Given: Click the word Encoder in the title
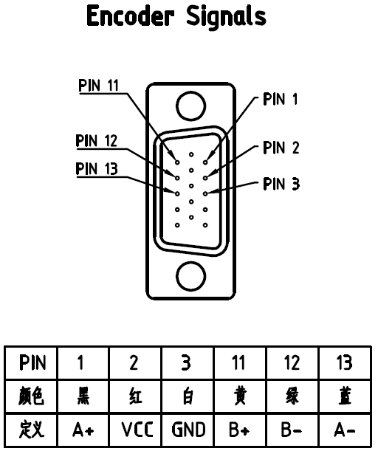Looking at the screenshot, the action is [131, 16].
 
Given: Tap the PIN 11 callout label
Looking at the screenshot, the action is [99, 86].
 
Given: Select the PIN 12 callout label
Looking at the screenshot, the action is [97, 141].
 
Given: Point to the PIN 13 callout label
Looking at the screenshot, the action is [97, 168].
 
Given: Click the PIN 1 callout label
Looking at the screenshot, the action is [281, 99].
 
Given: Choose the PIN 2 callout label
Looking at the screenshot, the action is [281, 148].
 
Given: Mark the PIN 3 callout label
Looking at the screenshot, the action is [281, 184].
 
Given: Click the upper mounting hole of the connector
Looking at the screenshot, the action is [190, 106].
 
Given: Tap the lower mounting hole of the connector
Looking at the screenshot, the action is [190, 276].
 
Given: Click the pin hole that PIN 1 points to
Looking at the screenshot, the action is [205, 162].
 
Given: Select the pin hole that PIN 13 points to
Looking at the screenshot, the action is [177, 194].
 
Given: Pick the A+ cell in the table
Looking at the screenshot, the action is [83, 430].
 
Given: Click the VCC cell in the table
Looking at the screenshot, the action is [136, 430].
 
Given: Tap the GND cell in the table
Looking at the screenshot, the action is [188, 430].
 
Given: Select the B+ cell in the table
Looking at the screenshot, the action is [240, 430].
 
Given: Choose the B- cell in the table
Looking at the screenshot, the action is [292, 430].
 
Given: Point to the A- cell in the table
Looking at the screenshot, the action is [345, 430].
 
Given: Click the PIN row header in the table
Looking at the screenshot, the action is [32, 362].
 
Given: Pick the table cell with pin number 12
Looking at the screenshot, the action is [292, 362].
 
